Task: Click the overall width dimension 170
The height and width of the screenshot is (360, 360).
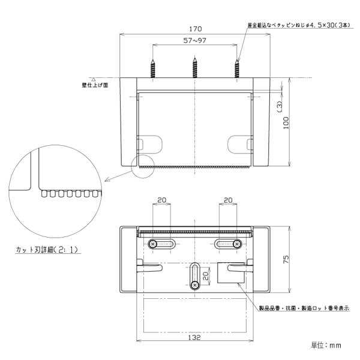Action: pos(196,28)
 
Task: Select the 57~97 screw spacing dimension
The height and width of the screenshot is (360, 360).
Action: pos(196,40)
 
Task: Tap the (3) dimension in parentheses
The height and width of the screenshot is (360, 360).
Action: pos(279,106)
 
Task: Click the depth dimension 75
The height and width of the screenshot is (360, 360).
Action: pos(286,259)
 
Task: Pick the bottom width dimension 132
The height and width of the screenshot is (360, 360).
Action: pos(196,338)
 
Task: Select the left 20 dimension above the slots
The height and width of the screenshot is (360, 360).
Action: pos(162,200)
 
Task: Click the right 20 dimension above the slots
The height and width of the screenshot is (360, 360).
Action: pos(228,200)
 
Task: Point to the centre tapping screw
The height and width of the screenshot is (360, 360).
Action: pos(196,67)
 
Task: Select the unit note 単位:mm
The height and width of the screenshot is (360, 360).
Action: pos(326,345)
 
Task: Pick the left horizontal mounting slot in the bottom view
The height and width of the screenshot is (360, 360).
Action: pos(162,244)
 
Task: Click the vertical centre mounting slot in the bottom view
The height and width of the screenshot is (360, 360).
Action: pos(196,277)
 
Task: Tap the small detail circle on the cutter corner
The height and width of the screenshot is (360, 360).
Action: pos(143,167)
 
